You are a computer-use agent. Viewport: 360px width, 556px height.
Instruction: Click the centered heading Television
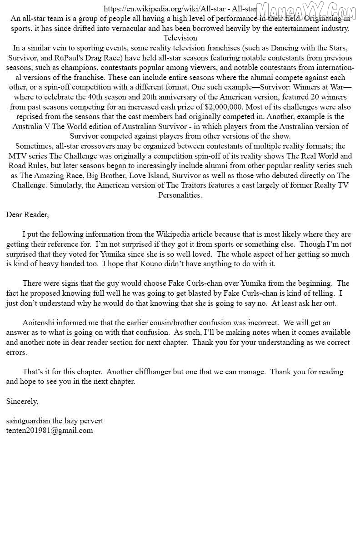click(x=180, y=38)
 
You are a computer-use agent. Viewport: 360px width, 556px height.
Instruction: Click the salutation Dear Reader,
click(x=27, y=214)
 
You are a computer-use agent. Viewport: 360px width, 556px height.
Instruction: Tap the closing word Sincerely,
click(x=22, y=401)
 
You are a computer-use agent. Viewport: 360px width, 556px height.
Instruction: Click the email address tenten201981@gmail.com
click(x=50, y=430)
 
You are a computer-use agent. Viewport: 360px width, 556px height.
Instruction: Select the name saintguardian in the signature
click(x=28, y=421)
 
